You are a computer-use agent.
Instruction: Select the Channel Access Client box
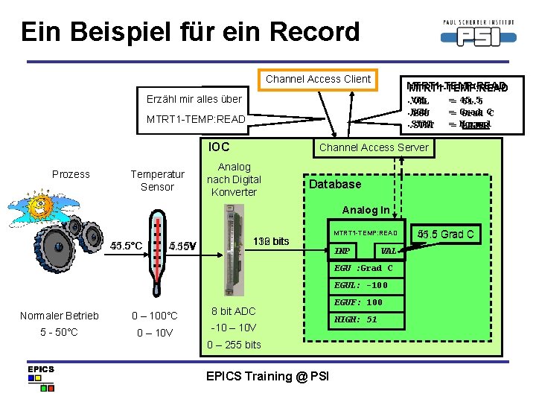pyautogui.click(x=318, y=78)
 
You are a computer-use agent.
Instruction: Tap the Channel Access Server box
pyautogui.click(x=374, y=147)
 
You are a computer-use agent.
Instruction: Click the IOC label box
pyautogui.click(x=220, y=147)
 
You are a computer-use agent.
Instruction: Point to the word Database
pyautogui.click(x=335, y=184)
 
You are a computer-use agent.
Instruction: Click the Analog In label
pyautogui.click(x=366, y=210)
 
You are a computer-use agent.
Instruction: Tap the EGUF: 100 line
pyautogui.click(x=358, y=302)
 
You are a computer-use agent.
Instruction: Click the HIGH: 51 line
pyautogui.click(x=357, y=319)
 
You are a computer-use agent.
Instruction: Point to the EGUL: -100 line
pyautogui.click(x=360, y=285)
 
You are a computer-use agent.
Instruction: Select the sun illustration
pyautogui.click(x=41, y=205)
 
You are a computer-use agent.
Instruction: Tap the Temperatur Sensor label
pyautogui.click(x=157, y=180)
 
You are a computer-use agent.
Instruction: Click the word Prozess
pyautogui.click(x=71, y=174)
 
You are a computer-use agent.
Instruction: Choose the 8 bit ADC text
pyautogui.click(x=234, y=311)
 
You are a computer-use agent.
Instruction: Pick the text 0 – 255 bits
pyautogui.click(x=234, y=344)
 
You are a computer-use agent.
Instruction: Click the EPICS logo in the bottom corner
pyautogui.click(x=41, y=377)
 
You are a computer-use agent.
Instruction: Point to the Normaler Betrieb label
pyautogui.click(x=60, y=316)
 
